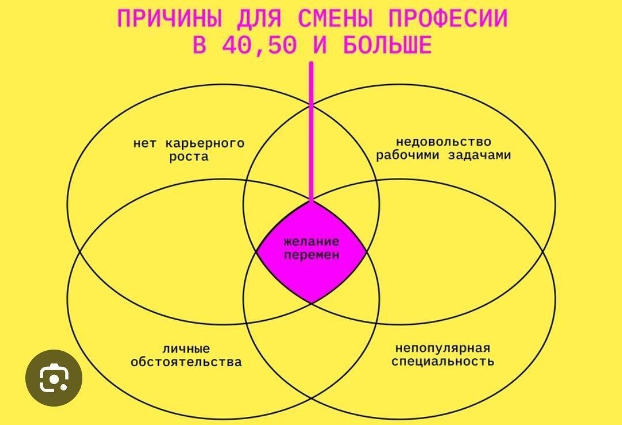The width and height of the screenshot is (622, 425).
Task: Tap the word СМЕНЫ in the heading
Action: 333,19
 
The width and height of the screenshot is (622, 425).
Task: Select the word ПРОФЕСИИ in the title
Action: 447,19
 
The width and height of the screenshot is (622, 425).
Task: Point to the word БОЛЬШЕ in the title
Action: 387,45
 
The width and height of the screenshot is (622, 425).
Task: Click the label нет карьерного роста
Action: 189,150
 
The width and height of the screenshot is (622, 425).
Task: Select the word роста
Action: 189,157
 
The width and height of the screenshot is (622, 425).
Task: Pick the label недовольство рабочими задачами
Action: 443,149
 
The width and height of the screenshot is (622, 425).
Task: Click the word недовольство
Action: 443,142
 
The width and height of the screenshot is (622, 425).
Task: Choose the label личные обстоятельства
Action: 186,355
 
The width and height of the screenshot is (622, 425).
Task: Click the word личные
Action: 186,348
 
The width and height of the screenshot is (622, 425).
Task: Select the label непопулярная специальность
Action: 443,355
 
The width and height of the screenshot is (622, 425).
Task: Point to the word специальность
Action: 443,362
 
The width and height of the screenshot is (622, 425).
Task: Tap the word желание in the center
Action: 312,242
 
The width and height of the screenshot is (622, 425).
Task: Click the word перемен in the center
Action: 312,255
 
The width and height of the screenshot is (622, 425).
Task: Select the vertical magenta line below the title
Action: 312,132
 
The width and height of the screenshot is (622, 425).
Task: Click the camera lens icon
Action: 54,378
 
